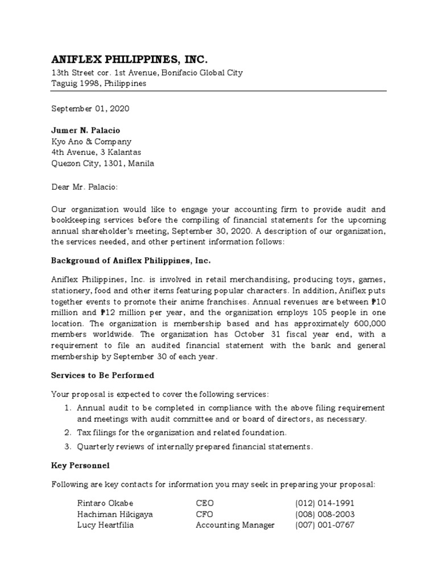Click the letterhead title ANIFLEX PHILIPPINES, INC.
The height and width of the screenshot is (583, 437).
(130, 59)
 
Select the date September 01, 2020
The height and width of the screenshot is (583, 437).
(86, 108)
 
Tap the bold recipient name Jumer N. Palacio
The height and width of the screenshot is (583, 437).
(86, 130)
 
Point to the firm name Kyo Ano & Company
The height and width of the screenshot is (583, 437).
(91, 141)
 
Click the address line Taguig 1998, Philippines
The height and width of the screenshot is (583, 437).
(98, 83)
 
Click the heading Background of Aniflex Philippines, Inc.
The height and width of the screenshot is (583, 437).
(131, 260)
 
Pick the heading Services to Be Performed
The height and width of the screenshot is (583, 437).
(102, 376)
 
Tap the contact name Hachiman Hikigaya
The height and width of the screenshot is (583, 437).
(115, 514)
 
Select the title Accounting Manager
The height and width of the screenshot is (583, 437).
(235, 525)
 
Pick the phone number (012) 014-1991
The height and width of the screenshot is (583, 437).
(324, 503)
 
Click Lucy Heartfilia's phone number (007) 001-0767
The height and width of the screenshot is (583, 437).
(324, 525)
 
